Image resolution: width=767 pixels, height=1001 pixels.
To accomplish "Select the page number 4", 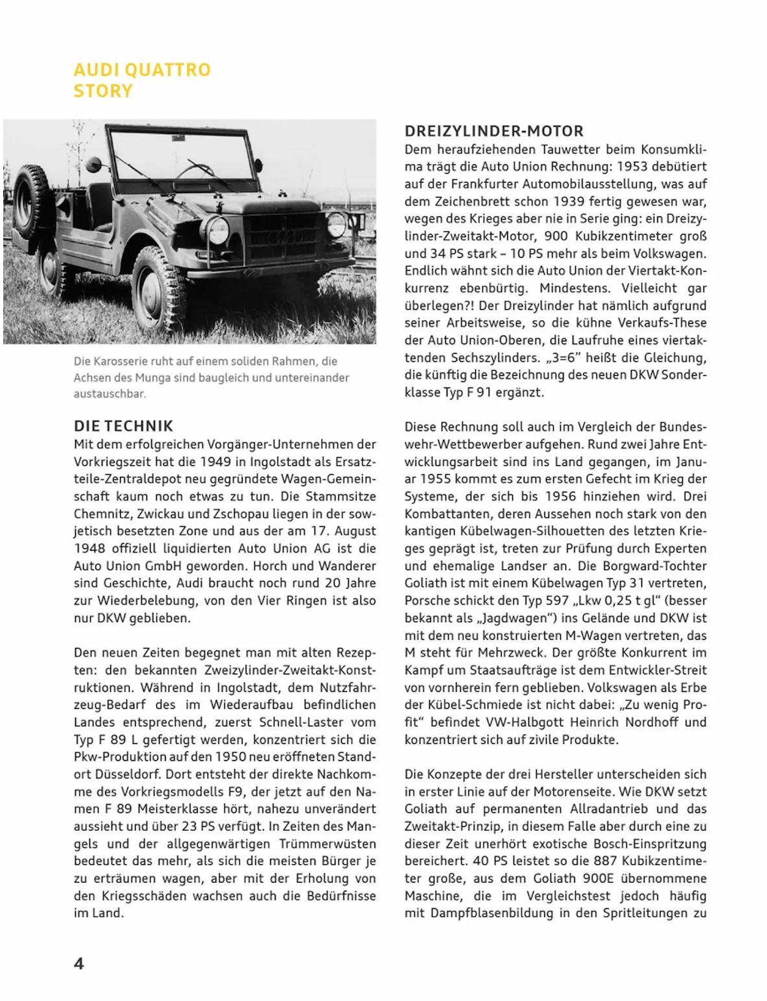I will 79,963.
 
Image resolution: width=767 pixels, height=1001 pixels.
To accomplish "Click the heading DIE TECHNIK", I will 123,426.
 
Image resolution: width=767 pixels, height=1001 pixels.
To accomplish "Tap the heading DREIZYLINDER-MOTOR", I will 494,132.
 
